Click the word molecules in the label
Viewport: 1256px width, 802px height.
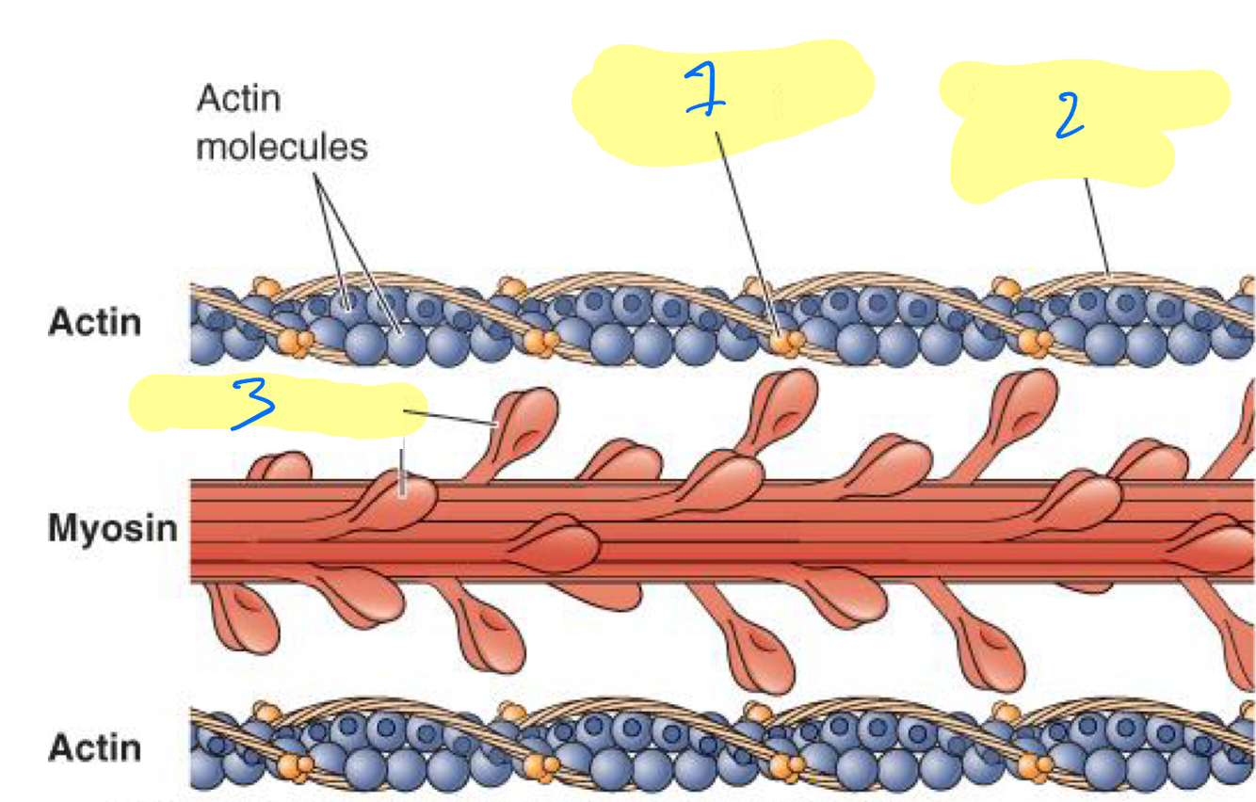[282, 147]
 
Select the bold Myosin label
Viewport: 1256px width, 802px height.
[113, 528]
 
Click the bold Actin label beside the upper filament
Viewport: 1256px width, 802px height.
[95, 322]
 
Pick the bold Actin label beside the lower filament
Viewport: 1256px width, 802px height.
[95, 748]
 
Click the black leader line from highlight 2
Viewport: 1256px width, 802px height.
[1098, 226]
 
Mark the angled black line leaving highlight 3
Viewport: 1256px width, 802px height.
[452, 418]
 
